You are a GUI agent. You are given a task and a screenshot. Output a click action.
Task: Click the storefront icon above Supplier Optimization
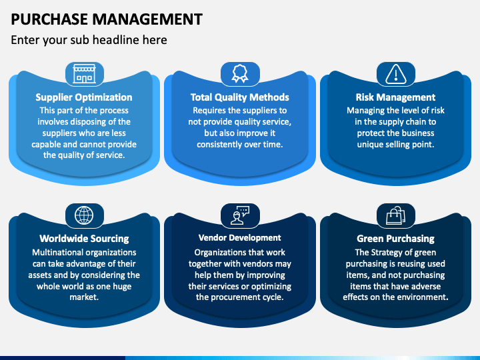tap(84, 74)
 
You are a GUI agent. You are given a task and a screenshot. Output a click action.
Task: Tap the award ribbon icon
tap(240, 73)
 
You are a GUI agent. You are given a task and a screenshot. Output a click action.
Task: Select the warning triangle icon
tap(396, 74)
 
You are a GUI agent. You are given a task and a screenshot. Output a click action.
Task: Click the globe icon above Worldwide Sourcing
tap(84, 215)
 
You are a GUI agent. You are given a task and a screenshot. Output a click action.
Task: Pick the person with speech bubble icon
tap(240, 215)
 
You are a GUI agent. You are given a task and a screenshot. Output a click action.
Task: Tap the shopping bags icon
tap(396, 215)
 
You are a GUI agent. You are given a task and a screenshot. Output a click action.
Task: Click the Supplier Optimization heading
tap(84, 97)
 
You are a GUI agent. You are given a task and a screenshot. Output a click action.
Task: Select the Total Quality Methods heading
tap(240, 97)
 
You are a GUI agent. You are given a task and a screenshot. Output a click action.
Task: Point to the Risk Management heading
tap(395, 97)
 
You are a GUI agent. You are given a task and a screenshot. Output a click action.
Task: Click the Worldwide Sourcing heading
tap(84, 239)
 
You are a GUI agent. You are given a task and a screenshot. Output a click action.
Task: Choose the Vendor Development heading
tap(240, 237)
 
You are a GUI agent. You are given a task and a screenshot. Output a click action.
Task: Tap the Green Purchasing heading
tap(395, 239)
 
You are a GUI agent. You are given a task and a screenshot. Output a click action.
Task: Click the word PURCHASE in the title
tap(49, 19)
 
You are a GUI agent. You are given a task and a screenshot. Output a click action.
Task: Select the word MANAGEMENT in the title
tap(147, 19)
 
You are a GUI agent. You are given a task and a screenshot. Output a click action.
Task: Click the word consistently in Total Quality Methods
tap(217, 144)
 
